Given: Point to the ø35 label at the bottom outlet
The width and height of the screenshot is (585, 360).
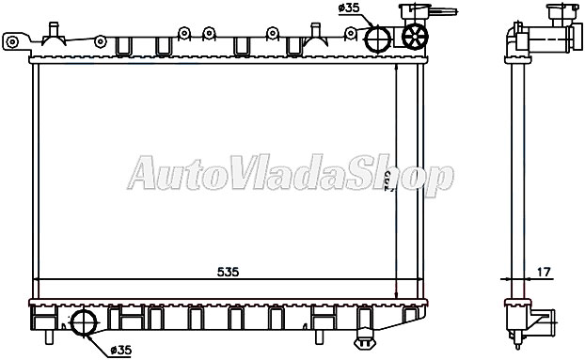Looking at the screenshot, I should coord(120,351).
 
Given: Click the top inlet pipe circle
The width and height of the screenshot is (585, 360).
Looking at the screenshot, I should coord(377,39).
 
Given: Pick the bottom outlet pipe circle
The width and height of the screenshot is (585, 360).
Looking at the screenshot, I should coord(84,324).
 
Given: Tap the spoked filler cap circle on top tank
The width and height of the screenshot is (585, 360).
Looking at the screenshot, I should coord(415,37).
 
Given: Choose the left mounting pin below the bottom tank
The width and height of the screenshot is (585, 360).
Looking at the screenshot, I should coord(45,337).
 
